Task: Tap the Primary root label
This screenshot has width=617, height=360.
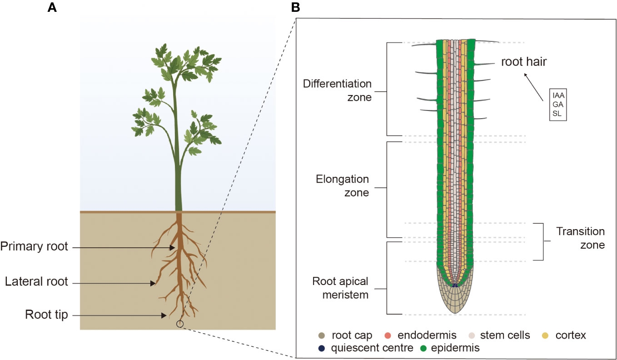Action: (x=34, y=247)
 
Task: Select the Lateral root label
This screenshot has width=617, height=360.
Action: (x=36, y=282)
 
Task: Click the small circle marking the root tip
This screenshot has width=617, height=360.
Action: (x=180, y=324)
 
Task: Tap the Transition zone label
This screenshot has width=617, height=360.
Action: (x=581, y=238)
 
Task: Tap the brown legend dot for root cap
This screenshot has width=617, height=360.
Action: (x=322, y=336)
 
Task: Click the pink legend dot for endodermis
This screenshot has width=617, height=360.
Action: (x=391, y=336)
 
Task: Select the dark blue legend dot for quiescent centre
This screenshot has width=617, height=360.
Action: (x=322, y=348)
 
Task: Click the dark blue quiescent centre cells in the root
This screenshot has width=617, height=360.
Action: (x=455, y=285)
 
